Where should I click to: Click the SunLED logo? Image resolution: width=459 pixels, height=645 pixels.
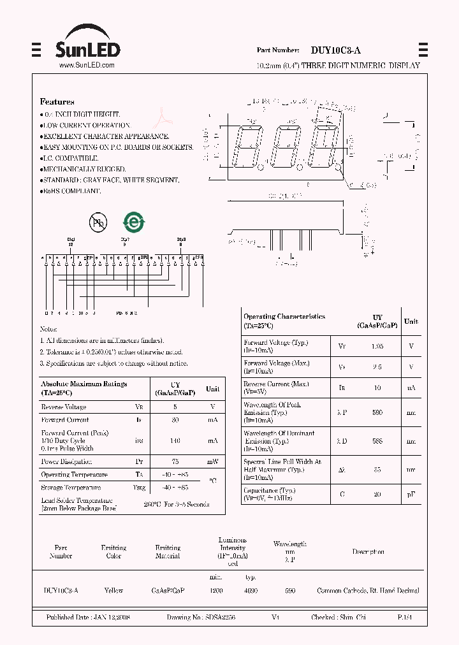(x=87, y=43)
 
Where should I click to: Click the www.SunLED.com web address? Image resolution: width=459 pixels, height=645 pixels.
(x=87, y=65)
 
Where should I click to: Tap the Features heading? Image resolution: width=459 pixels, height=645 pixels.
(x=57, y=102)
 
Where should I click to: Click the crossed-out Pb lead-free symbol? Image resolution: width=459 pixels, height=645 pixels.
(x=98, y=222)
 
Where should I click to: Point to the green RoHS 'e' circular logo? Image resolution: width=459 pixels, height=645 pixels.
(x=134, y=222)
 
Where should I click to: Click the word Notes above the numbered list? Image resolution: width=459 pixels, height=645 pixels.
(x=48, y=329)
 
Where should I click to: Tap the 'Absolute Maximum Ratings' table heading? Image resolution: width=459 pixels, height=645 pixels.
(x=84, y=384)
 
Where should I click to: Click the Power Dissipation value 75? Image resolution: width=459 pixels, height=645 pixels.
(x=175, y=461)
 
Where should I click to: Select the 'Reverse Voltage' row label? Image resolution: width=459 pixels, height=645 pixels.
(x=63, y=407)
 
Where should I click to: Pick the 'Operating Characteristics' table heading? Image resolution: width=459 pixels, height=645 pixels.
(x=284, y=316)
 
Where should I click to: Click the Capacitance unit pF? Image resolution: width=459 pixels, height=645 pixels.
(x=411, y=494)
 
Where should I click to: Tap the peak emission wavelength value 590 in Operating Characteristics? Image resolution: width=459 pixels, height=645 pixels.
(x=377, y=413)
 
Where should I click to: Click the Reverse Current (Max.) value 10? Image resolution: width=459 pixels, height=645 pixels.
(x=377, y=387)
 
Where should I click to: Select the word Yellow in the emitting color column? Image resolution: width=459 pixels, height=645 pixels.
(x=113, y=591)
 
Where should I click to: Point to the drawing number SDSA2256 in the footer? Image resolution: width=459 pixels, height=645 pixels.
(x=219, y=618)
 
